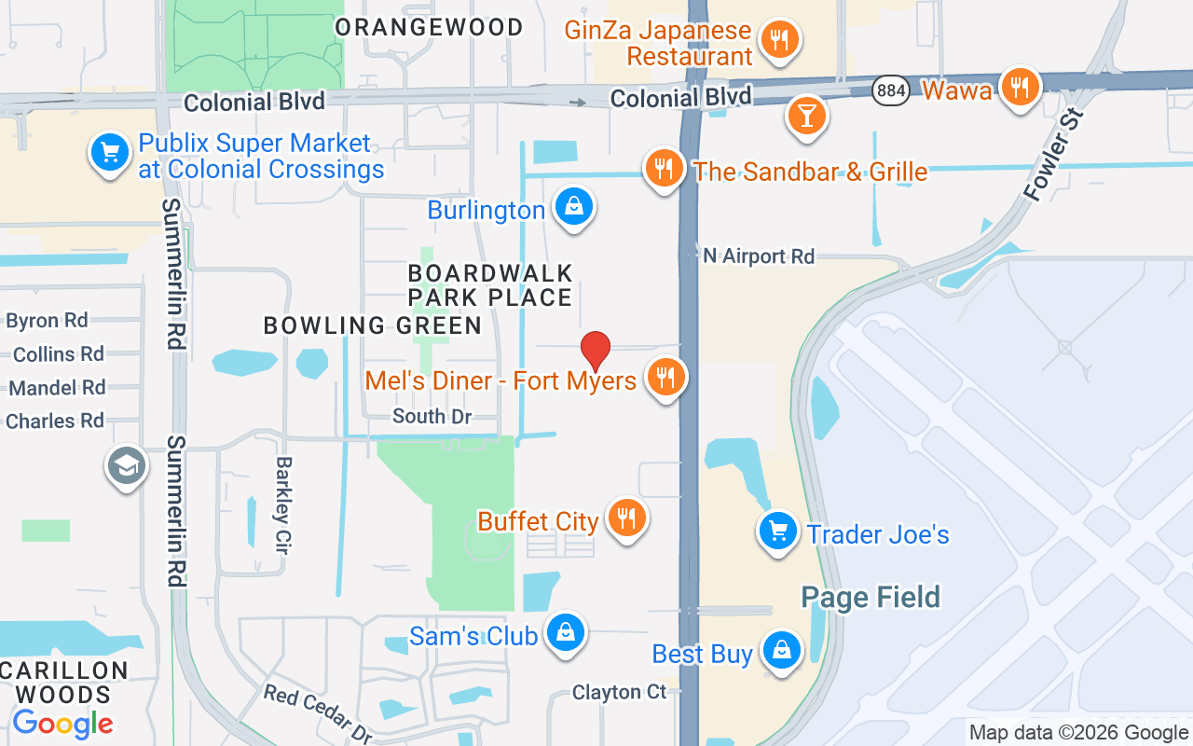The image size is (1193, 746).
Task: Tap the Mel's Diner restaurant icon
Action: (665, 378)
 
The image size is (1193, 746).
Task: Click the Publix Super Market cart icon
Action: (110, 152)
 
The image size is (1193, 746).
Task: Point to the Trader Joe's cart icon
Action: (777, 532)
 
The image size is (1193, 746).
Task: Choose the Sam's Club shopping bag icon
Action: (565, 633)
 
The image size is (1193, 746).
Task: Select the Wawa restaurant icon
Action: (1021, 88)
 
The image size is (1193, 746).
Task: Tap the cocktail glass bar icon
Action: (805, 117)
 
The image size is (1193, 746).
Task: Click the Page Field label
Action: (871, 598)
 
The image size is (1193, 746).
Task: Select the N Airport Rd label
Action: (758, 256)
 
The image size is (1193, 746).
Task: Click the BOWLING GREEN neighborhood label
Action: (373, 325)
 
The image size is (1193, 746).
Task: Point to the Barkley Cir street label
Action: (283, 504)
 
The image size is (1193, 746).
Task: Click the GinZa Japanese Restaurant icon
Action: (779, 40)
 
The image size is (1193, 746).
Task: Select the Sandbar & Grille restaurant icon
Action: (664, 169)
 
